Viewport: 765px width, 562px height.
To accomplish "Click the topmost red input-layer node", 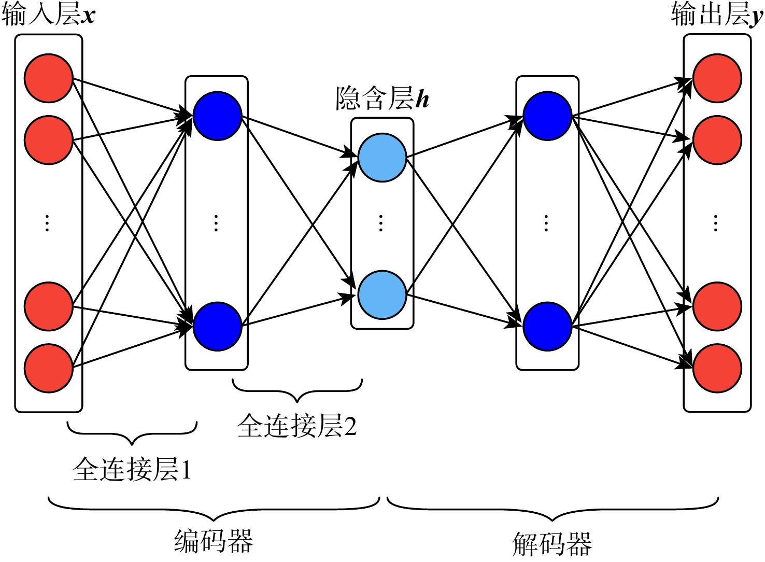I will (48, 78).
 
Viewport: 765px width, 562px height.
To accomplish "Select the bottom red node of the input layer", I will (48, 368).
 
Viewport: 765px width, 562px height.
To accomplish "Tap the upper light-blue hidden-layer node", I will (382, 158).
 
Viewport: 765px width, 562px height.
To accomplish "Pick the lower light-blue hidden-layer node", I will (382, 294).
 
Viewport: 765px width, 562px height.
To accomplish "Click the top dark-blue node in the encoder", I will (217, 116).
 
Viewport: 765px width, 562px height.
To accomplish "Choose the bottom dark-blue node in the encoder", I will (217, 327).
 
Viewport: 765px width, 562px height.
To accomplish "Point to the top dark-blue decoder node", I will (547, 116).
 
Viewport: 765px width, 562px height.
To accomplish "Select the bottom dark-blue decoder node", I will (547, 327).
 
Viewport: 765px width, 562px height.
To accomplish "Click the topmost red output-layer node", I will (717, 78).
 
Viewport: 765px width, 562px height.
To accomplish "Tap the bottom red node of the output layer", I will (717, 368).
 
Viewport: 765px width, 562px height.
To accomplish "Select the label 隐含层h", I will (382, 97).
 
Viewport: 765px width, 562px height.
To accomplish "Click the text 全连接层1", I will (132, 469).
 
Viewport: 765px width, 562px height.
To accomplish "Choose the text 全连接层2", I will (297, 426).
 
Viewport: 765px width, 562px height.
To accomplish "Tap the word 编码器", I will (214, 541).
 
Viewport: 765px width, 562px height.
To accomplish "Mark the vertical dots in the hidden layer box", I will (381, 223).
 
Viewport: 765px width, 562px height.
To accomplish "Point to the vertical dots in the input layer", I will (47, 223).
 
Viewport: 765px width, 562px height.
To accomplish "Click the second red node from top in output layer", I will (717, 140).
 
